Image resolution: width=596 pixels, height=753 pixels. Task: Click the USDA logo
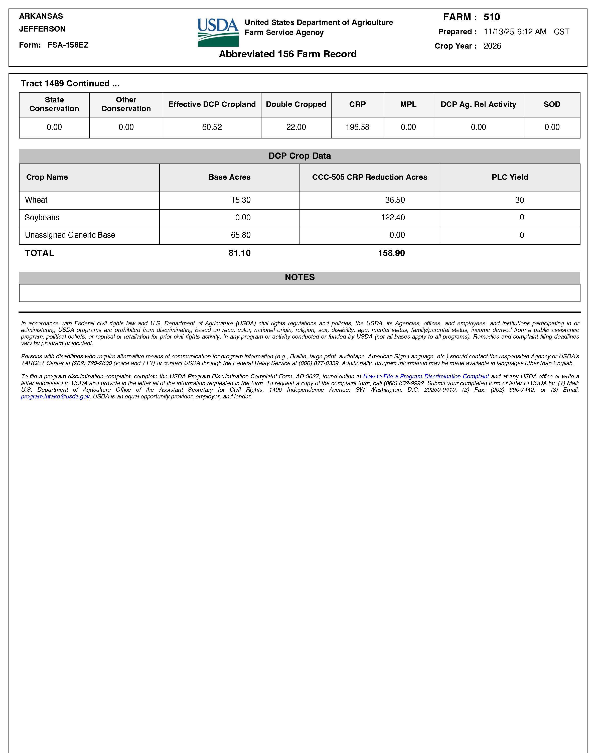click(218, 33)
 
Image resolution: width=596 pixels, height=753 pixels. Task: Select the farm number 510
click(492, 17)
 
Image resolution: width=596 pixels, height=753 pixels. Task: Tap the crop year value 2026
click(492, 46)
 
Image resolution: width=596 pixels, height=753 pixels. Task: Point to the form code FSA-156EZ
click(68, 45)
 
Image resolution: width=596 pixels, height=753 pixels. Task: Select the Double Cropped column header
click(296, 104)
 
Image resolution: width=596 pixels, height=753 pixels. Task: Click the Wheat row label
click(36, 200)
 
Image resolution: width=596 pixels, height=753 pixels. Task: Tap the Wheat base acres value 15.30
click(241, 200)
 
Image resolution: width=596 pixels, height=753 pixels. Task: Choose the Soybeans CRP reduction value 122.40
click(393, 218)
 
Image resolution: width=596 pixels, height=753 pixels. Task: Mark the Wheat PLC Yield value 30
click(520, 200)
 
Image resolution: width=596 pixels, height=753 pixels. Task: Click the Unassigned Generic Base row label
click(70, 235)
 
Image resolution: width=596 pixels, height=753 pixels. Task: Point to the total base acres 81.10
click(239, 253)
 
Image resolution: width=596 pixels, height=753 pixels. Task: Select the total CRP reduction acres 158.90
click(391, 253)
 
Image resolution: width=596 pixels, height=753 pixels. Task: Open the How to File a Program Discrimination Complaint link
click(426, 377)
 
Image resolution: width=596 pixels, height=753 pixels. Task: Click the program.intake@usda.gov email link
click(55, 397)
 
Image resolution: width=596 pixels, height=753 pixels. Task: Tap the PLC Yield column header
click(510, 177)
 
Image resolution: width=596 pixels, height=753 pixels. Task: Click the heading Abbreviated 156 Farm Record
click(287, 54)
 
